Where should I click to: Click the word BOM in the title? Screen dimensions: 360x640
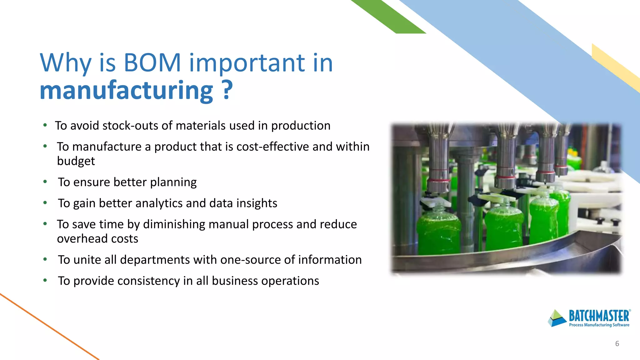tap(152, 62)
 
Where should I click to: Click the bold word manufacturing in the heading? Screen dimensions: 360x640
tap(126, 91)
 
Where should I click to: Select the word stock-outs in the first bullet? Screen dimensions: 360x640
tap(131, 126)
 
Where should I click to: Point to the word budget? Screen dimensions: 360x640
tap(76, 161)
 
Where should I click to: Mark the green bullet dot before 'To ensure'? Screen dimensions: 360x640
tap(45, 182)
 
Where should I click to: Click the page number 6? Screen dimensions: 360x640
tap(617, 344)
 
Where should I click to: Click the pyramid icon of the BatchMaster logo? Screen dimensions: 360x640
tap(557, 318)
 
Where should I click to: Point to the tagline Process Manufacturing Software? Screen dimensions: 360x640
tap(599, 325)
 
